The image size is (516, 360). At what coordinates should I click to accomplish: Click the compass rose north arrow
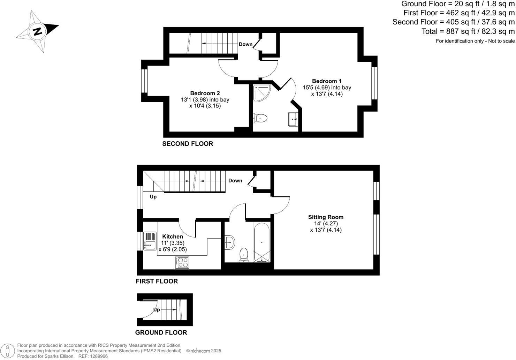click(37, 31)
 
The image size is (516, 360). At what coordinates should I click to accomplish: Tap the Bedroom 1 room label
click(327, 81)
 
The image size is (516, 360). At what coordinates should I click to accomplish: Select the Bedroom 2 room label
click(205, 93)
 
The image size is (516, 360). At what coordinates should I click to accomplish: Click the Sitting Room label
click(326, 217)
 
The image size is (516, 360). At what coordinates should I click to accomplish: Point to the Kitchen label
click(173, 237)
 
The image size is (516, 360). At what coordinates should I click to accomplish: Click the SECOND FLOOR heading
click(188, 144)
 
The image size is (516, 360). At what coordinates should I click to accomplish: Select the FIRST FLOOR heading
click(157, 281)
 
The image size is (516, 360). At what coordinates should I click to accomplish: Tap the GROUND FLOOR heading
click(161, 332)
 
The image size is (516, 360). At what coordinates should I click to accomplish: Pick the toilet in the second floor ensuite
click(260, 118)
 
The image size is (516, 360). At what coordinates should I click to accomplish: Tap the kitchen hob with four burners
click(182, 262)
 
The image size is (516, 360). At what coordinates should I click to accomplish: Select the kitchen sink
click(150, 245)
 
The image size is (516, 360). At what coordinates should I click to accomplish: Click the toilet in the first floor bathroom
click(244, 255)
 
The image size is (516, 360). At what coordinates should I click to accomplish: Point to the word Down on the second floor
click(245, 44)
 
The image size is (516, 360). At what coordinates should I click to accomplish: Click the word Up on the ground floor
click(157, 310)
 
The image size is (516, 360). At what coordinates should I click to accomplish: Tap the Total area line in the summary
click(468, 31)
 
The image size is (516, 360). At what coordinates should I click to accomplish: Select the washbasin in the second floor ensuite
click(293, 119)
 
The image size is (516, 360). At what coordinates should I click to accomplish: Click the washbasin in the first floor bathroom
click(230, 242)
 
